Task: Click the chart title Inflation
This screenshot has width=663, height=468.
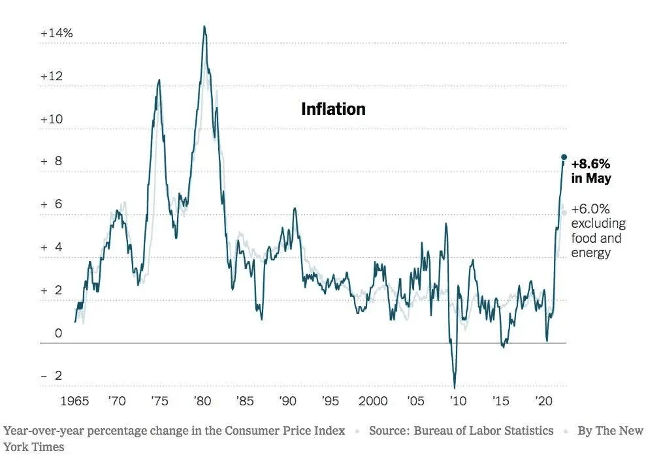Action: (333, 109)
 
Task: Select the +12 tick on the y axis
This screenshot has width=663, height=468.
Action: (52, 76)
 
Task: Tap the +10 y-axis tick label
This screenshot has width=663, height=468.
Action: (52, 119)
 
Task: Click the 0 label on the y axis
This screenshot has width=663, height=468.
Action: (58, 334)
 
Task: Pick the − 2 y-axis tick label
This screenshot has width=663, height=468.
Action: (52, 376)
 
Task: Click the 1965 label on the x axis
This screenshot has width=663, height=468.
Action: (75, 401)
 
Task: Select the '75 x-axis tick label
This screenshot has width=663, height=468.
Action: (159, 401)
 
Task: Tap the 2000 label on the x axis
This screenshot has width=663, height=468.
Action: (373, 401)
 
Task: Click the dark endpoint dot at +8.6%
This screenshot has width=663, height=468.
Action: (564, 157)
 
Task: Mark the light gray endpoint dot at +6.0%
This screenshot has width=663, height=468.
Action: (564, 212)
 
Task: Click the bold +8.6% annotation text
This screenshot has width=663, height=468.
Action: (591, 164)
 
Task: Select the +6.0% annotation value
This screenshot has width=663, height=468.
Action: (590, 210)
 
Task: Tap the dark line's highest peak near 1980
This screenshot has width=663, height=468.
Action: (204, 27)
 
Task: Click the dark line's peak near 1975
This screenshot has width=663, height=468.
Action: (159, 80)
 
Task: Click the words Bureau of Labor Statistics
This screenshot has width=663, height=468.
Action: (483, 431)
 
